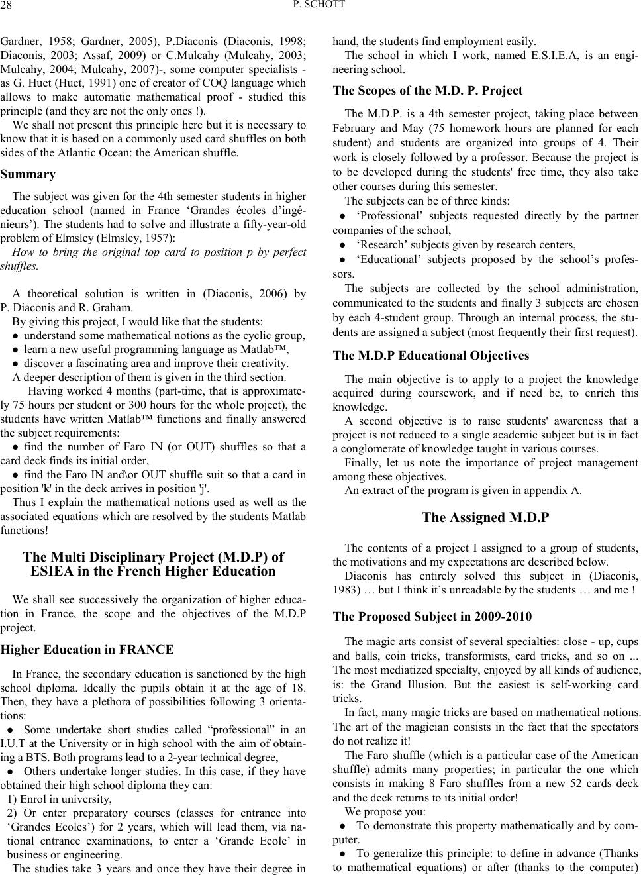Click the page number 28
click(9, 6)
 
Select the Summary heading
click(28, 174)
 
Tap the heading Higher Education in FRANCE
click(88, 650)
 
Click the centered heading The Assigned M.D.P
click(485, 517)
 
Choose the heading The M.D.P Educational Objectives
click(431, 356)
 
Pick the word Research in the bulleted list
click(381, 245)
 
